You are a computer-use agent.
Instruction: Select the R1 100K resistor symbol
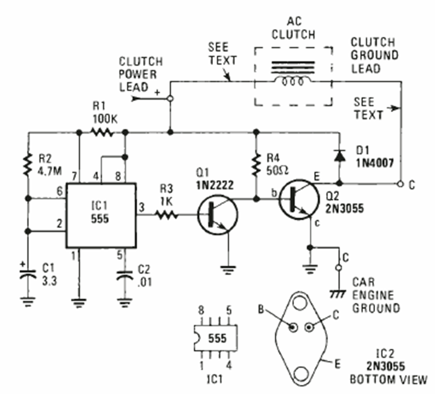tap(102, 132)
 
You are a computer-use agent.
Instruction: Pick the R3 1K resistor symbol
tap(165, 214)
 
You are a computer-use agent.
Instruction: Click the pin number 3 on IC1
tap(143, 207)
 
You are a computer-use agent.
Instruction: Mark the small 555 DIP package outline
tap(214, 340)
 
